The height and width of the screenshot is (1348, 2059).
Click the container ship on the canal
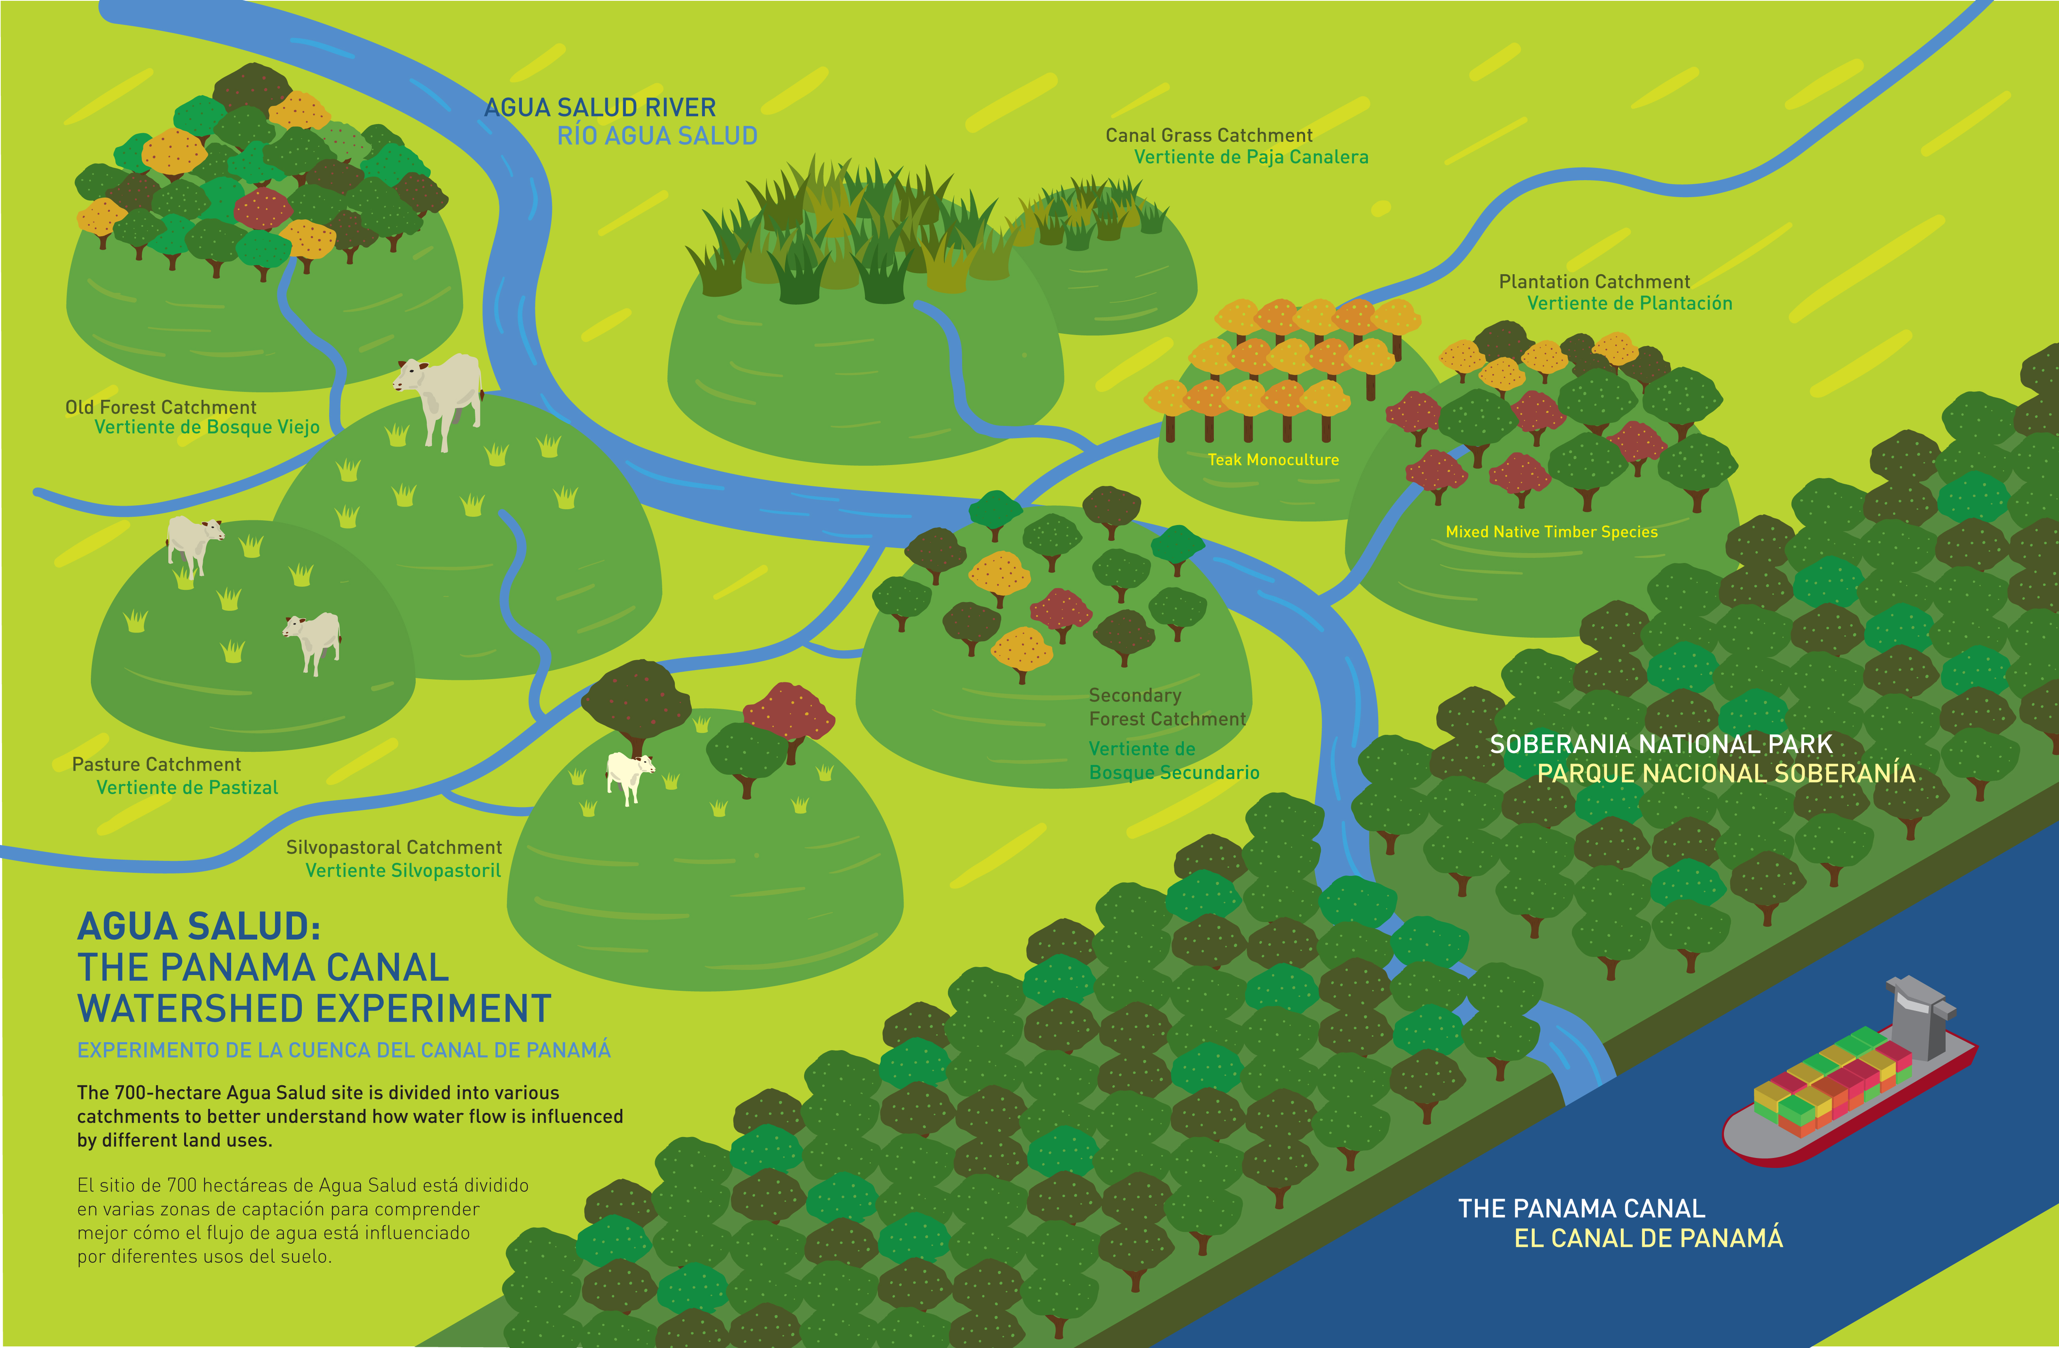[x=1852, y=1077]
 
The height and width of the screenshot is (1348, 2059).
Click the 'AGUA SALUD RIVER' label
[x=599, y=107]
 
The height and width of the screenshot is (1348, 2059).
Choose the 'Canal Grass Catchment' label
[x=1209, y=135]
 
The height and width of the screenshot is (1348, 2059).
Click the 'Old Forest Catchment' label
[x=161, y=407]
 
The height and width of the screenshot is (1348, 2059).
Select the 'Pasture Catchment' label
[x=156, y=764]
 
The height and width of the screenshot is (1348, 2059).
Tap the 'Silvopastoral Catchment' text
[x=394, y=847]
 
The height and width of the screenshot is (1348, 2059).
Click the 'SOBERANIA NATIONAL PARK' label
[x=1661, y=744]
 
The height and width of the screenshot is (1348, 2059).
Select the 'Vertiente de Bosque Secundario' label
[x=1174, y=761]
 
